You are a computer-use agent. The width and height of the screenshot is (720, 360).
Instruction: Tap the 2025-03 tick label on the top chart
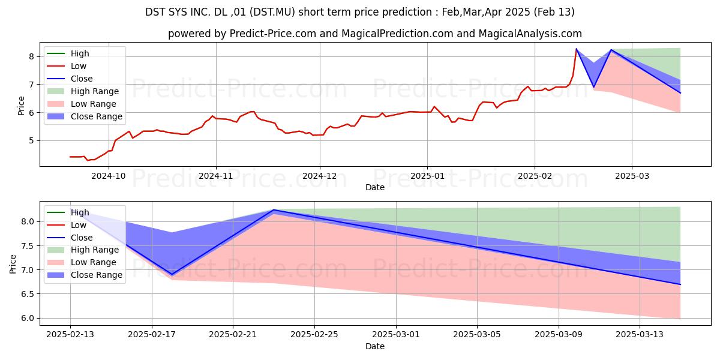click(x=632, y=176)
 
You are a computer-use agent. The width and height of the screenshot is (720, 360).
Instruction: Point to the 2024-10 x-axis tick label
click(x=109, y=176)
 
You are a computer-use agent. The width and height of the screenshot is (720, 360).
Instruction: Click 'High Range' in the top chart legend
click(x=95, y=91)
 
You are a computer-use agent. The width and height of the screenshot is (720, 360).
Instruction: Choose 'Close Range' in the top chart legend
click(x=97, y=116)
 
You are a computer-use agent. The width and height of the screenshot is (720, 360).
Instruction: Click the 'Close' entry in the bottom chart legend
click(x=82, y=238)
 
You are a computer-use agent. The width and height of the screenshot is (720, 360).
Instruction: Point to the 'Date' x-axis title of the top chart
click(x=375, y=187)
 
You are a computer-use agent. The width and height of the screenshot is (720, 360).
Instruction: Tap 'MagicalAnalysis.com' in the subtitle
click(x=530, y=34)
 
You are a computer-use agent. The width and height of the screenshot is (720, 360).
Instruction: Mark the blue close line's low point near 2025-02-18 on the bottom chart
click(x=172, y=274)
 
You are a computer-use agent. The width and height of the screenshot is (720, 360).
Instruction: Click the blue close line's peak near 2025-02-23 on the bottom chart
click(x=274, y=210)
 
